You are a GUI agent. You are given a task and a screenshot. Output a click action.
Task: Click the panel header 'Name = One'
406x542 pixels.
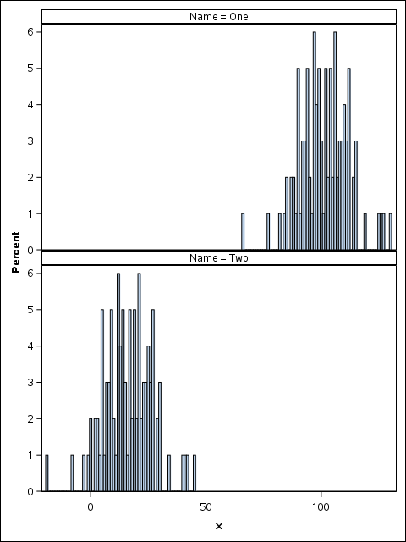point(218,16)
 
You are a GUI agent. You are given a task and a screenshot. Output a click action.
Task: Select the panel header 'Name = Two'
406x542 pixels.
point(218,257)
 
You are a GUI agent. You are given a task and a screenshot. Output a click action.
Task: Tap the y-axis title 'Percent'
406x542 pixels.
point(16,254)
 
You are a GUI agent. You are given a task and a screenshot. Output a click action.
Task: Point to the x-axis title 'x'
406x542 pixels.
point(218,527)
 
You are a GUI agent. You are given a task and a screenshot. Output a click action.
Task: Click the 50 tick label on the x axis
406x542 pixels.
point(206,507)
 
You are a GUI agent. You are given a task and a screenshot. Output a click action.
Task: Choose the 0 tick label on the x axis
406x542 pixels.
point(91,507)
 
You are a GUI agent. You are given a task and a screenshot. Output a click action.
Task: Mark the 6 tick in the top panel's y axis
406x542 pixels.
point(30,32)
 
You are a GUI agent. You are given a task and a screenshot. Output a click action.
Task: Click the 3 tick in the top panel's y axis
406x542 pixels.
point(30,141)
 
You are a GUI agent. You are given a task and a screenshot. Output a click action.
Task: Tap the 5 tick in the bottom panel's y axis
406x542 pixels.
point(30,310)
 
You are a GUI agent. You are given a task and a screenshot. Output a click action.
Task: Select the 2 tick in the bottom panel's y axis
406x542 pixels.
point(30,419)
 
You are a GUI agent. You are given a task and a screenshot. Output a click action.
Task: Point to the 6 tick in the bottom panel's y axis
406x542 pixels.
point(30,274)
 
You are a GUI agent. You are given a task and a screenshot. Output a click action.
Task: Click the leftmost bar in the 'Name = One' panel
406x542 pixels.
point(243,232)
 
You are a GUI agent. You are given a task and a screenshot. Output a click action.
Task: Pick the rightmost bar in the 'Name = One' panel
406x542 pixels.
point(390,232)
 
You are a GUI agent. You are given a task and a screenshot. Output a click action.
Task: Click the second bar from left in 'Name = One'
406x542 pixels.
point(268,232)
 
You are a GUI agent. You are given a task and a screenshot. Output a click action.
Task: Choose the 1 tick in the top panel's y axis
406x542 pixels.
point(30,214)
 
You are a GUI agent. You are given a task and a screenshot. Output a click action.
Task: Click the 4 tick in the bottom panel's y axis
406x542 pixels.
point(30,346)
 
